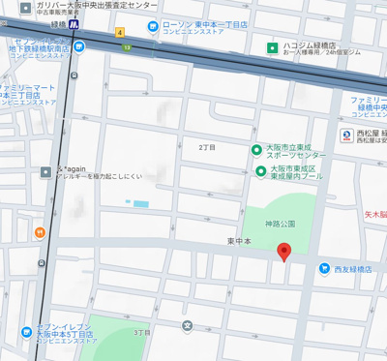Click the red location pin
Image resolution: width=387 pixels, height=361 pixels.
(x=283, y=252)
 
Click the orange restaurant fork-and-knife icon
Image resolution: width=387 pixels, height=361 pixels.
(x=40, y=232)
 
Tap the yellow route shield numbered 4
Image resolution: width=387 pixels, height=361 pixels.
(x=120, y=32)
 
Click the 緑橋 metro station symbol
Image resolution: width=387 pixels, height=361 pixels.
(x=74, y=25)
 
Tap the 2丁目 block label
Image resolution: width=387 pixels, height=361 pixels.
(x=207, y=147)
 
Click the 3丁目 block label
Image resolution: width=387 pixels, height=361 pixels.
(x=141, y=332)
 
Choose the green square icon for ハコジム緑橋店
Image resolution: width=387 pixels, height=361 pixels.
(x=274, y=45)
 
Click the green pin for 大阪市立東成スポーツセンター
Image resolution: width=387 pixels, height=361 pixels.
(x=256, y=150)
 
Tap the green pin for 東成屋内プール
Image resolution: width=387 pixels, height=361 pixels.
(x=260, y=171)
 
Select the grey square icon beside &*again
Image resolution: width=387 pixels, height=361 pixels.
(x=45, y=171)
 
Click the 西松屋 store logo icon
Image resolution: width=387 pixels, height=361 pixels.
(x=346, y=135)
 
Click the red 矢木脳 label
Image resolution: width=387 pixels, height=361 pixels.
(x=374, y=214)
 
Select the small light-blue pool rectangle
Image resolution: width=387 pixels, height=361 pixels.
(x=141, y=203)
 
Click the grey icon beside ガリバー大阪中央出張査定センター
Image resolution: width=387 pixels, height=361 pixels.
(x=24, y=6)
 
